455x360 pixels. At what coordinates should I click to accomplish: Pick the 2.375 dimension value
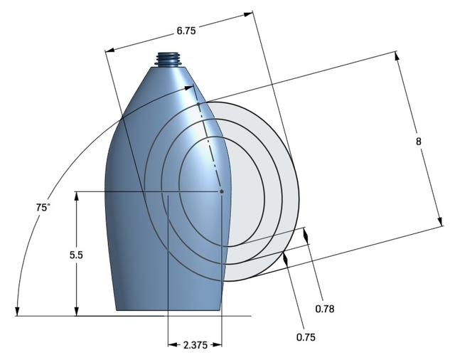pyautogui.click(x=196, y=345)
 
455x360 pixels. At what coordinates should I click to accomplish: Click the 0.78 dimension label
pyautogui.click(x=324, y=308)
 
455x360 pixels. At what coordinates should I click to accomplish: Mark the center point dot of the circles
pyautogui.click(x=222, y=191)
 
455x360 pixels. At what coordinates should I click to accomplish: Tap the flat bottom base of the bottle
pyautogui.click(x=167, y=311)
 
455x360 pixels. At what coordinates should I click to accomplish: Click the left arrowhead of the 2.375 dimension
pyautogui.click(x=171, y=345)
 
